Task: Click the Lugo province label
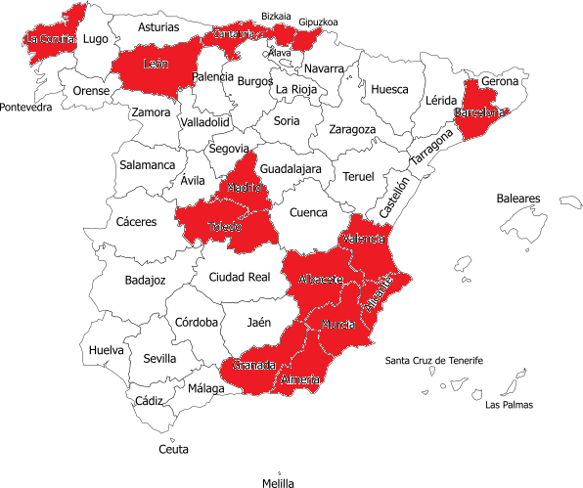pos(96,39)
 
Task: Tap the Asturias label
pos(158,27)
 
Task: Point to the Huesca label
pos(390,89)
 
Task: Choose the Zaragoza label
pos(352,129)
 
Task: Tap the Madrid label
pos(244,187)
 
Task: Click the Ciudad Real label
pos(240,277)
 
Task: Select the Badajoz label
pos(146,281)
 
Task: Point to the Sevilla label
pos(159,359)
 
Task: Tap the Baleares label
pos(517,199)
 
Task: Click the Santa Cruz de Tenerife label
pos(433,361)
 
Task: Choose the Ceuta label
pos(174,449)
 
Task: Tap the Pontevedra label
pos(26,108)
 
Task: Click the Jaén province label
pos(259,322)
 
